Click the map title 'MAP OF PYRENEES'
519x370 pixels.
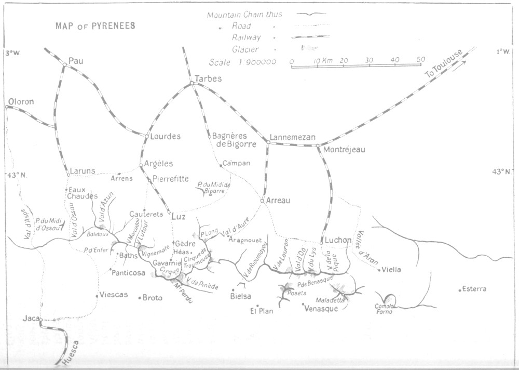tap(95, 26)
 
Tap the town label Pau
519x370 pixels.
tap(76, 61)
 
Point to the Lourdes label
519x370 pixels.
tap(166, 137)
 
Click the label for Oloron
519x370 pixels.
tap(21, 102)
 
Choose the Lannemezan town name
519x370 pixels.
tap(293, 138)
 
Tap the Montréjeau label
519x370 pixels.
tap(344, 150)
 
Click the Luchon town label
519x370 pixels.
tap(339, 241)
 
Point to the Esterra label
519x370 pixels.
tap(475, 289)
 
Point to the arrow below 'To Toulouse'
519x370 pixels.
tap(459, 67)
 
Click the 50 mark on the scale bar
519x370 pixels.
tap(420, 60)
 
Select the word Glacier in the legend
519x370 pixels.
tap(245, 49)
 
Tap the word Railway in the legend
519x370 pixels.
tap(247, 37)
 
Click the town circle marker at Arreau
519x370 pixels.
tap(263, 201)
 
